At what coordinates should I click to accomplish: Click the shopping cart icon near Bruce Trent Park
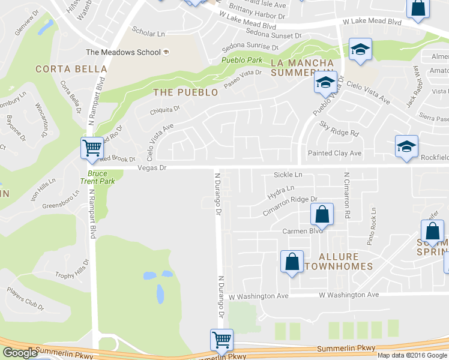coord(92,148)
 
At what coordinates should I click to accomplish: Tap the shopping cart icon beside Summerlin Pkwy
coord(221,340)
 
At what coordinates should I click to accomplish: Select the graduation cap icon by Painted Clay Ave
coord(406,147)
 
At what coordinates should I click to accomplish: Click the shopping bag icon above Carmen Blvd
coord(322,214)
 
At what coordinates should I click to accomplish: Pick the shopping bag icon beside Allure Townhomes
coord(292,262)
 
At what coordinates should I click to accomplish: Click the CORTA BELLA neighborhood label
coord(71,69)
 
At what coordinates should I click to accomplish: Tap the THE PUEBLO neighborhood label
coord(185,92)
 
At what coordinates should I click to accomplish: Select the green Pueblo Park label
coord(241,60)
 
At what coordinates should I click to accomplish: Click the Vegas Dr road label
coord(151,168)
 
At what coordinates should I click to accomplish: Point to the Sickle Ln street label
coord(288,175)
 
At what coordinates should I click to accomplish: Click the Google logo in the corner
coord(19,353)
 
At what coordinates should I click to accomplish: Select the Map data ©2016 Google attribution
coord(412,355)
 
